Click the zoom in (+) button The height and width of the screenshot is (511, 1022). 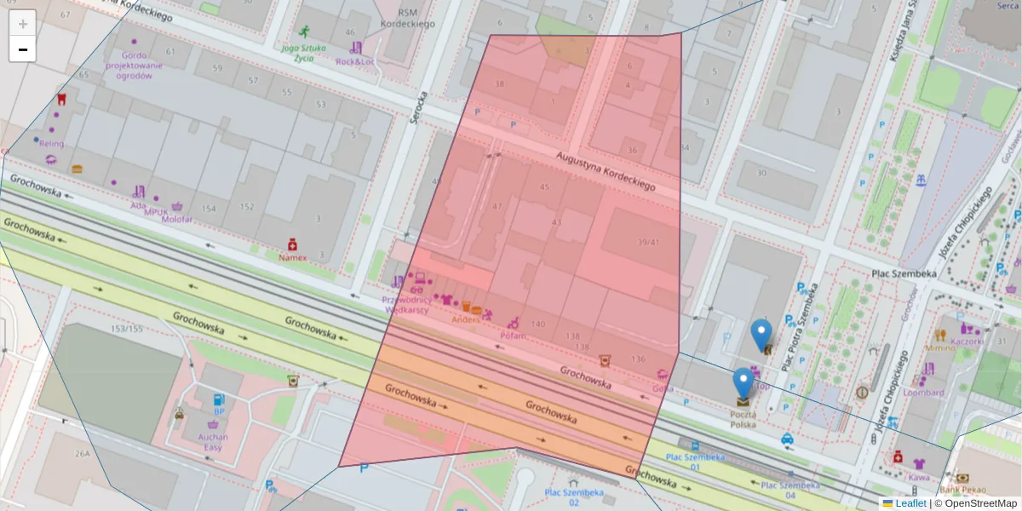[23, 24]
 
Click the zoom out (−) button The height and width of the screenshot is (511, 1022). [23, 49]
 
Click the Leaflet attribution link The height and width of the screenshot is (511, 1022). [910, 503]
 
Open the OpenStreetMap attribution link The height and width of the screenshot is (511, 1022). [980, 503]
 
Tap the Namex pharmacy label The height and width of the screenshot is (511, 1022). [292, 256]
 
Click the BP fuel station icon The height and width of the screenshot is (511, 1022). [219, 399]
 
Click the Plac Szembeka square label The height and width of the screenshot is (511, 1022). [904, 273]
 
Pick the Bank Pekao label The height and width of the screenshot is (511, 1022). [963, 490]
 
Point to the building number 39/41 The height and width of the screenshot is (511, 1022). [648, 243]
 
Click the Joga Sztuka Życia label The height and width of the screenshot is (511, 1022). [304, 53]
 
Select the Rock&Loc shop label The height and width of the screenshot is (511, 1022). [354, 61]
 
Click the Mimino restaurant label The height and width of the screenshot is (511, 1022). [940, 347]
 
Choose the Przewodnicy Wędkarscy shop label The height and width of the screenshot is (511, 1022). [407, 305]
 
